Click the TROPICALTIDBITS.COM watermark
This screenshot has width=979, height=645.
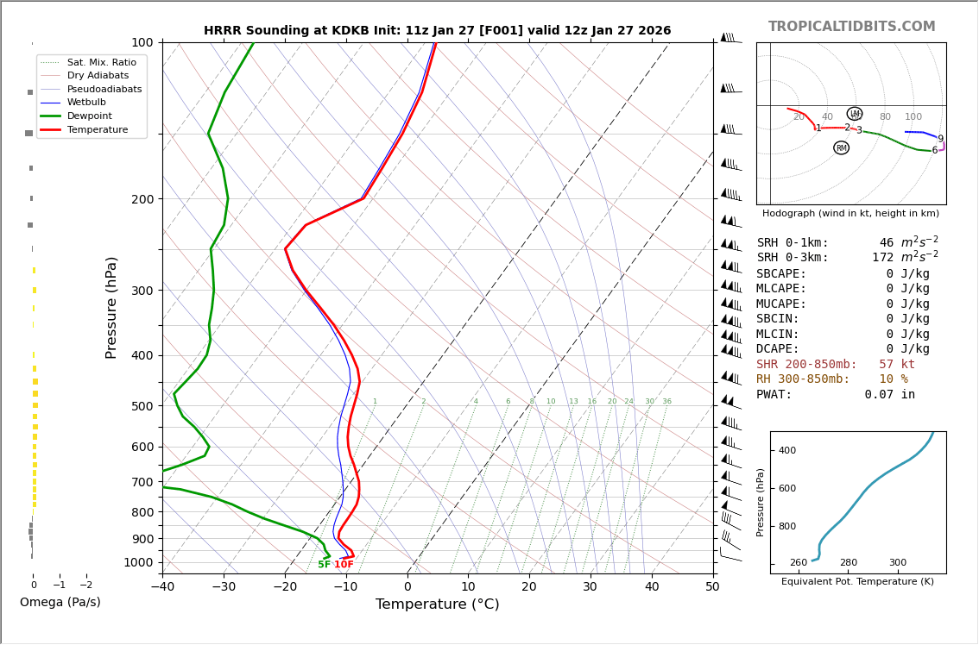pyautogui.click(x=851, y=27)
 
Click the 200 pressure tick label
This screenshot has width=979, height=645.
pyautogui.click(x=142, y=199)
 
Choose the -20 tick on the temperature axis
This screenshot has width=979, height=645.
pyautogui.click(x=285, y=587)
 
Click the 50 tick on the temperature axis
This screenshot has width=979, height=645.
pyautogui.click(x=712, y=587)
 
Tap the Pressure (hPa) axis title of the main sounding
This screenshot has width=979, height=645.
pyautogui.click(x=111, y=307)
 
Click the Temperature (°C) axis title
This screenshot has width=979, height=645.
pyautogui.click(x=437, y=604)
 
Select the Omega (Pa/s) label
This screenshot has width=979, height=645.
pyautogui.click(x=60, y=602)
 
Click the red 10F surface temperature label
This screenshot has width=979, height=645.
pyautogui.click(x=344, y=565)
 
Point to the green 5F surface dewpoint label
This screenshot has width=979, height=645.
pyautogui.click(x=324, y=565)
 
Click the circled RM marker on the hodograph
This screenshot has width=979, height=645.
pyautogui.click(x=841, y=148)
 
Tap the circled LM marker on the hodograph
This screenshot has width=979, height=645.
pyautogui.click(x=855, y=114)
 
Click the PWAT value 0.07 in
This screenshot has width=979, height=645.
pyautogui.click(x=889, y=395)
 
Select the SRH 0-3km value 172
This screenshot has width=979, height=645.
pyautogui.click(x=882, y=258)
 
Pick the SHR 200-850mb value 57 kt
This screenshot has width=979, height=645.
pyautogui.click(x=896, y=365)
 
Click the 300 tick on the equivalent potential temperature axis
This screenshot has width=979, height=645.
pyautogui.click(x=898, y=563)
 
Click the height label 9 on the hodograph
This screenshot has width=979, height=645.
pyautogui.click(x=940, y=139)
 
